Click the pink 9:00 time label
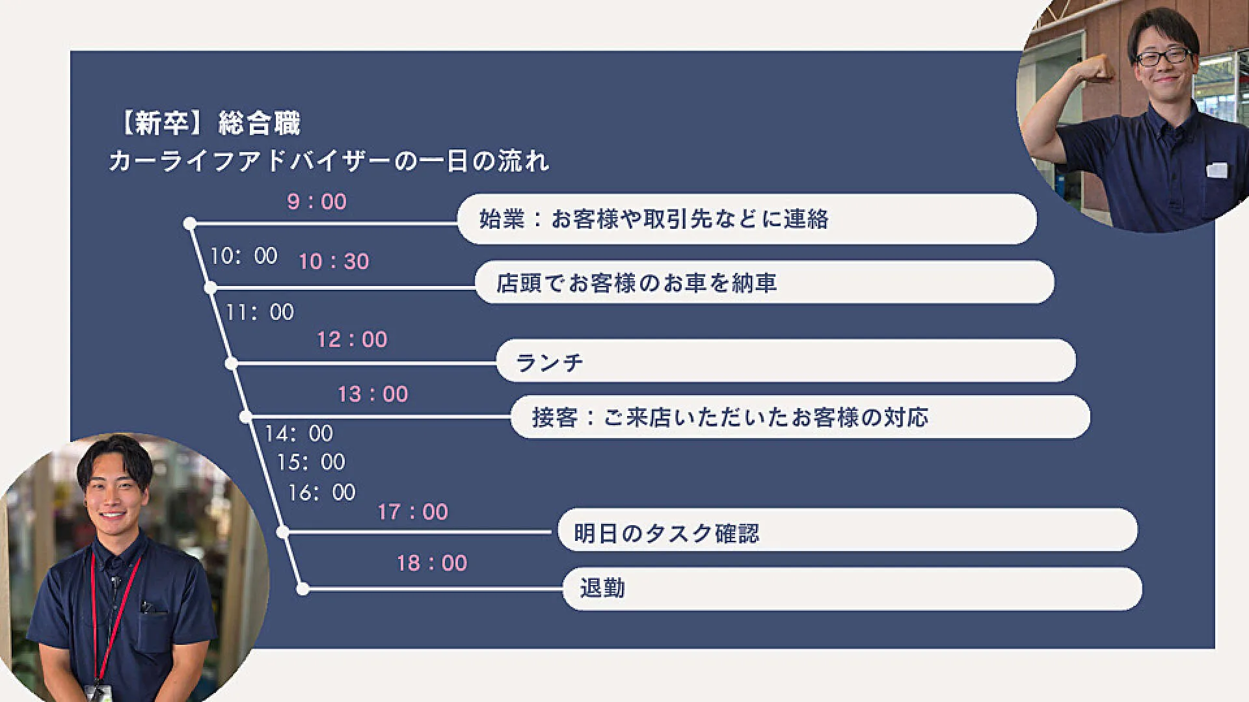click(317, 201)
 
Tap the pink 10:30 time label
click(334, 261)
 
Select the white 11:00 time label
click(260, 312)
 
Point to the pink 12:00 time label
click(352, 339)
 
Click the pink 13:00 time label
click(373, 394)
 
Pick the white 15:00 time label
click(311, 462)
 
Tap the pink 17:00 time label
click(413, 512)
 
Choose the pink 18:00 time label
click(432, 563)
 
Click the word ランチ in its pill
click(550, 362)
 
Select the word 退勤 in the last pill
click(602, 588)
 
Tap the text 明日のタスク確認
click(667, 534)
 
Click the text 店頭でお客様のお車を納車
click(637, 283)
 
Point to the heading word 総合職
click(260, 123)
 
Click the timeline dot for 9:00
click(190, 224)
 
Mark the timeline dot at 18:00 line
click(302, 589)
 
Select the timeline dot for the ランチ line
click(231, 363)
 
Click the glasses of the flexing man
click(1163, 57)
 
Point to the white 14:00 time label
click(299, 433)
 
